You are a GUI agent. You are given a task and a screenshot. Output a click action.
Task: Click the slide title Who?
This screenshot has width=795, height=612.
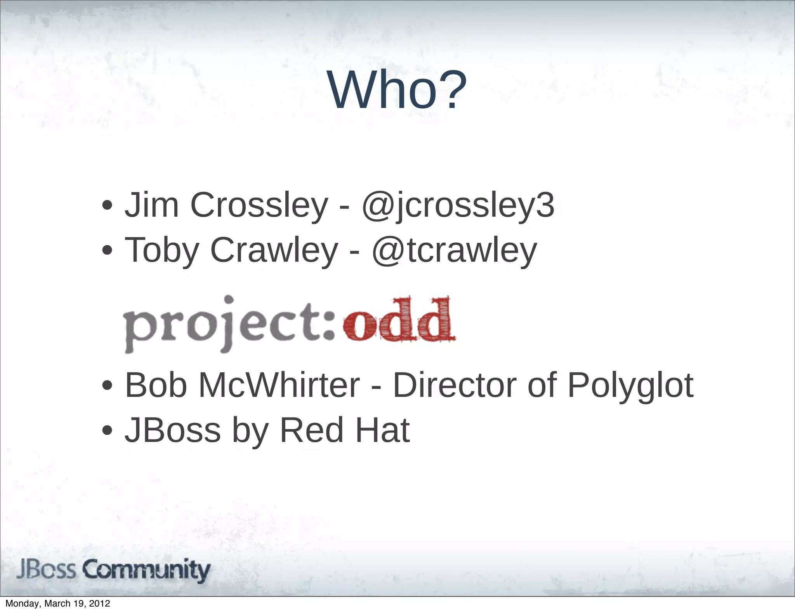coord(397,90)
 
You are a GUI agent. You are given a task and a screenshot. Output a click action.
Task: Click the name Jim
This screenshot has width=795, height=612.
coord(151,205)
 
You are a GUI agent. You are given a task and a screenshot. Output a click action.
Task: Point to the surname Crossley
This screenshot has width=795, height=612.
coord(259,205)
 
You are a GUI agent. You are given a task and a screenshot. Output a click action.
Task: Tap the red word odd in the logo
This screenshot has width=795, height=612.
coord(399,321)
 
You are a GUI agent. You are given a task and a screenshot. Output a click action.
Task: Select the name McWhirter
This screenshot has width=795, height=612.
coord(279,385)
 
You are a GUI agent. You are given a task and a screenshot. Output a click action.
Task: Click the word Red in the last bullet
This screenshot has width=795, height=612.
coord(311,430)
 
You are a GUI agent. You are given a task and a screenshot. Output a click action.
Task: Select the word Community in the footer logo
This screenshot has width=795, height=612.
coord(147,570)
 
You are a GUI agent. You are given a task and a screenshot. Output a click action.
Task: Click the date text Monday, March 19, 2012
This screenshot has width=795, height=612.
coord(58,603)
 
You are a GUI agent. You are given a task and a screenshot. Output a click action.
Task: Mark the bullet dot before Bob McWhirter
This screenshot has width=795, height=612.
coord(107,386)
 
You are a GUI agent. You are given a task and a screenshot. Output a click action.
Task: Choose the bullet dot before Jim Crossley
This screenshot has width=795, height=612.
coord(107,205)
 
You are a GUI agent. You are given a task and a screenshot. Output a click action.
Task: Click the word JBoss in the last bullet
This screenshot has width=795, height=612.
coord(172,430)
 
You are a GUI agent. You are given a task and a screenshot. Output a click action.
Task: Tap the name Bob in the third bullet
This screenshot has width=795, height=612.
coord(156,385)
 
